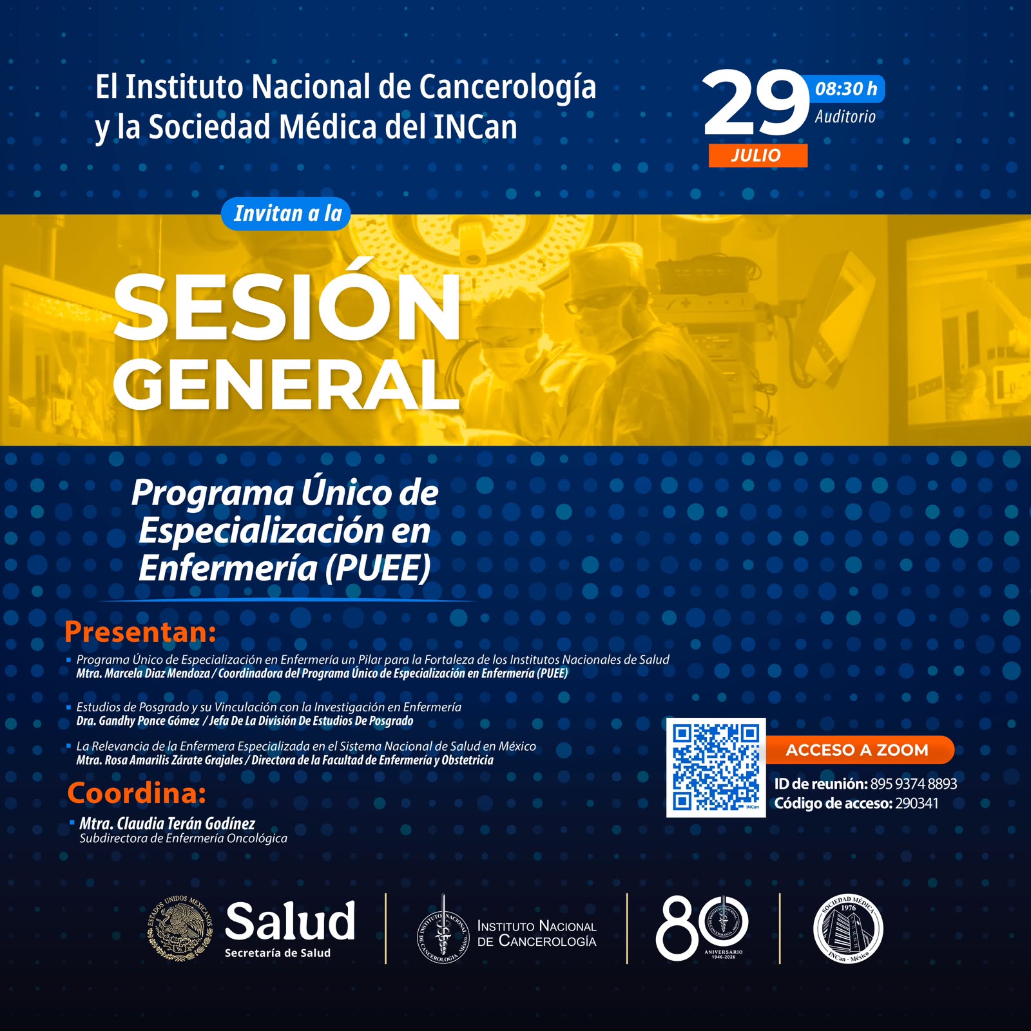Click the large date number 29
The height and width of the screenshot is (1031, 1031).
(756, 103)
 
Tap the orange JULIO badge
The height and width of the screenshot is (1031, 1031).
(758, 155)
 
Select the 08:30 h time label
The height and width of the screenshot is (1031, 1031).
(846, 89)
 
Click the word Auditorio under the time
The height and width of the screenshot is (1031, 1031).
(845, 117)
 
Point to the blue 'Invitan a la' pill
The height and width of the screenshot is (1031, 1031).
(286, 213)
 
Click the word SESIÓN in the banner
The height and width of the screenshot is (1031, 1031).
(287, 307)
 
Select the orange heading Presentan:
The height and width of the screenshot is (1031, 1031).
(140, 631)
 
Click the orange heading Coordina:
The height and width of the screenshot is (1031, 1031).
(137, 793)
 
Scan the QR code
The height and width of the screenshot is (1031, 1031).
(716, 767)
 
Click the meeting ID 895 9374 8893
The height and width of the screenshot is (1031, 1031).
(913, 784)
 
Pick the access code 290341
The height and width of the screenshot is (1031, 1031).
(916, 804)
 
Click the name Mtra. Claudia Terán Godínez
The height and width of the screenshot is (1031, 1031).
(167, 824)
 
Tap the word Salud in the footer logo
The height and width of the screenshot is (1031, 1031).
(290, 921)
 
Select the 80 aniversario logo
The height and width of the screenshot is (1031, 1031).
(702, 927)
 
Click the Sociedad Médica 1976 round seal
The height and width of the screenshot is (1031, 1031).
(848, 929)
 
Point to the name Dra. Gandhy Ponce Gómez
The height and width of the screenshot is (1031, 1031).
(138, 721)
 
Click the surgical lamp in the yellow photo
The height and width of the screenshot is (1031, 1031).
(474, 248)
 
